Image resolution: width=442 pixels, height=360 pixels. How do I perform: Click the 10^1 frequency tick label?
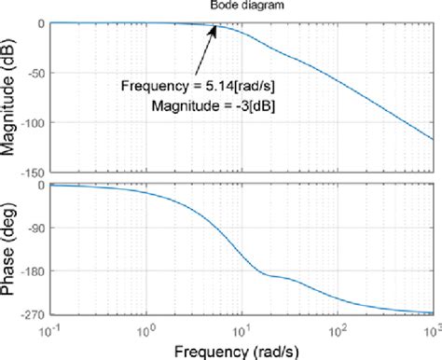coord(242,329)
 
